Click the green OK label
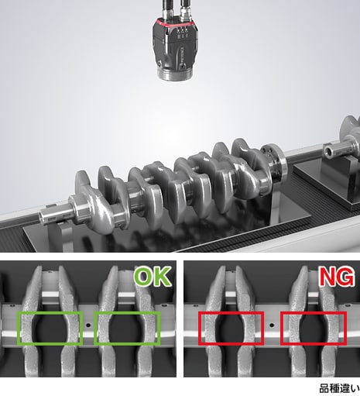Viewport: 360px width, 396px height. pos(153,277)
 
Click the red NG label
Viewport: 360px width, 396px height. pos(336,277)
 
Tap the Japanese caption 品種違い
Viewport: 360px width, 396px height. pos(339,388)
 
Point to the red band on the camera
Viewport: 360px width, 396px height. pos(175,23)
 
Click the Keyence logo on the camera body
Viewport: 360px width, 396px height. pos(183,57)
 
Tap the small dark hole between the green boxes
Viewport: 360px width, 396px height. pos(88,325)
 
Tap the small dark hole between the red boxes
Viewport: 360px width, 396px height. pos(271,325)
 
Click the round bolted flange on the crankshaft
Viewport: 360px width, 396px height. pos(274,162)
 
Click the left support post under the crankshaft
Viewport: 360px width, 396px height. pos(64,236)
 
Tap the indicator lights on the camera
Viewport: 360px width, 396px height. pos(181,29)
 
